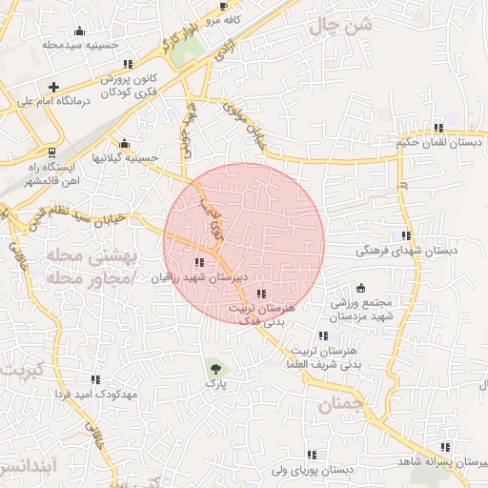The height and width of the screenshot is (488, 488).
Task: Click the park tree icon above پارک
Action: (214, 367)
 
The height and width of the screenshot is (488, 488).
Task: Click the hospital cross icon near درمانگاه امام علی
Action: (54, 87)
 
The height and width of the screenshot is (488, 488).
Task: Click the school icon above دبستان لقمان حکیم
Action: (438, 128)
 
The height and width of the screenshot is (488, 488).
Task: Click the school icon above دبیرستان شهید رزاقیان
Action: (199, 262)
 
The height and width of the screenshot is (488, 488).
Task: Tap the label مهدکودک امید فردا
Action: (97, 394)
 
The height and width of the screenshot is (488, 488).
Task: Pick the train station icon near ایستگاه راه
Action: (51, 152)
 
